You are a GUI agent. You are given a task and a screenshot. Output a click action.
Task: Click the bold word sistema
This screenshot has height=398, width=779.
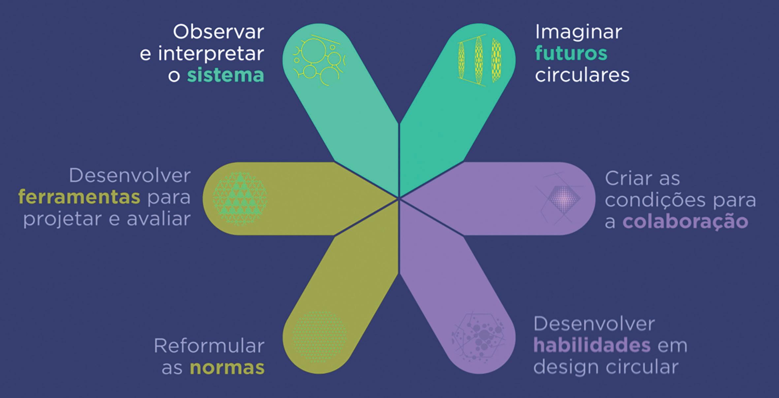click(226, 75)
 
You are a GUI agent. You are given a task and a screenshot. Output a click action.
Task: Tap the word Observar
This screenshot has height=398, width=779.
click(218, 32)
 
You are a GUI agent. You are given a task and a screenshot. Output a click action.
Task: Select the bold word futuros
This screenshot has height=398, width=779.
click(571, 53)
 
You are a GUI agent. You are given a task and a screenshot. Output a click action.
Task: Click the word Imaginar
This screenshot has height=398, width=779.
click(578, 32)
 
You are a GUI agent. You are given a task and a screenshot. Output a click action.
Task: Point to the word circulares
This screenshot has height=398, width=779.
click(582, 75)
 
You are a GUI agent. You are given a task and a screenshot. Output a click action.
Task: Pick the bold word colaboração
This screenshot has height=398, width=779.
click(685, 221)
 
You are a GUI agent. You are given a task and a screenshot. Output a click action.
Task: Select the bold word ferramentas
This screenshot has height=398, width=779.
click(79, 197)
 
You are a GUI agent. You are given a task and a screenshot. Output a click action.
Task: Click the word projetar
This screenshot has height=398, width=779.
click(62, 219)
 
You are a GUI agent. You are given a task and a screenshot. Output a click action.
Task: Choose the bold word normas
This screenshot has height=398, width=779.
click(227, 368)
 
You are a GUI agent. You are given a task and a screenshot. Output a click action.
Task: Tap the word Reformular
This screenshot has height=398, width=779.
click(209, 346)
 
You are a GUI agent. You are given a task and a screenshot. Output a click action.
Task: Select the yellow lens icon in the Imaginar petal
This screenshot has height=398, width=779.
click(479, 60)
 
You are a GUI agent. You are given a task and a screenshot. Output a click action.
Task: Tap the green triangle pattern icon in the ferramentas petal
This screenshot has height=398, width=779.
click(240, 199)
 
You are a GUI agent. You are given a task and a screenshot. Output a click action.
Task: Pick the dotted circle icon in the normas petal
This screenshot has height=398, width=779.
click(319, 337)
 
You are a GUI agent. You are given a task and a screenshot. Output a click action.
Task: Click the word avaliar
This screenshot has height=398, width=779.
click(159, 219)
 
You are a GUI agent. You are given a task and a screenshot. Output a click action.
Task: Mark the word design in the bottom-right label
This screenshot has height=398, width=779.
click(559, 367)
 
